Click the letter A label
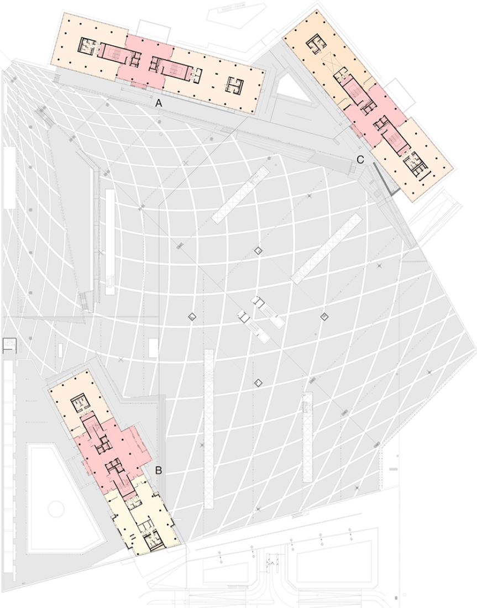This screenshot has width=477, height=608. [x=159, y=103]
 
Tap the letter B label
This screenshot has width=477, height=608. [x=159, y=471]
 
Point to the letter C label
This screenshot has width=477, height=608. [x=360, y=160]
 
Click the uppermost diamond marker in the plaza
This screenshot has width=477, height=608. [x=258, y=250]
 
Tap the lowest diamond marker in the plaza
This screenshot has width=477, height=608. [x=258, y=382]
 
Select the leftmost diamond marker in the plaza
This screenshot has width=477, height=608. [x=192, y=316]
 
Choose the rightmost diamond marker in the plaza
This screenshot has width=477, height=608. [x=324, y=316]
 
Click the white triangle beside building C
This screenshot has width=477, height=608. [x=291, y=88]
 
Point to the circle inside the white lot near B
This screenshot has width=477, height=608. [x=56, y=509]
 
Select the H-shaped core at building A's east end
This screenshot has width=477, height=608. [x=234, y=85]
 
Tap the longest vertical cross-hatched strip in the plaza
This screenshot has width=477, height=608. [x=209, y=428]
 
